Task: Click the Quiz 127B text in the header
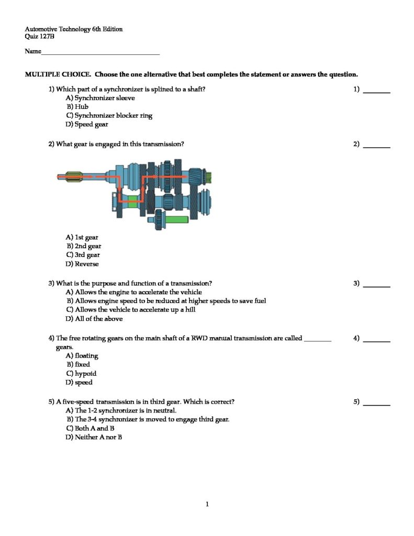click(40, 37)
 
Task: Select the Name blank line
click(100, 53)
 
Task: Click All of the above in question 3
click(94, 319)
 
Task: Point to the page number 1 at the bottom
click(207, 505)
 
